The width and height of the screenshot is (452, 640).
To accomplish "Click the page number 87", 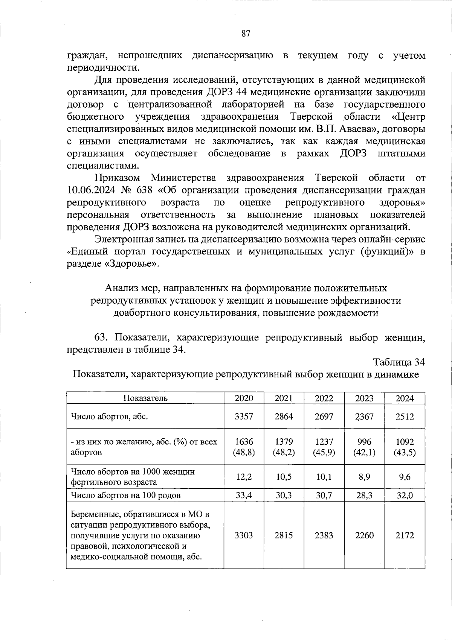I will pyautogui.click(x=246, y=33).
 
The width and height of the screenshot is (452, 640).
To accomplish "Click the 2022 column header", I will pyautogui.click(x=324, y=398).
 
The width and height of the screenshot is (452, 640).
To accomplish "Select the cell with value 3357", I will pyautogui.click(x=244, y=417).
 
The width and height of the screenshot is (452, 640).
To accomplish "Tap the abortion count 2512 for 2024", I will pyautogui.click(x=405, y=417).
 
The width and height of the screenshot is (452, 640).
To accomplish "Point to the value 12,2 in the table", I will pyautogui.click(x=244, y=477).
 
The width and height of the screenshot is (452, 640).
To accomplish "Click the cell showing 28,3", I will pyautogui.click(x=364, y=495).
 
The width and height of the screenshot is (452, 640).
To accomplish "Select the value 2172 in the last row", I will pyautogui.click(x=405, y=535).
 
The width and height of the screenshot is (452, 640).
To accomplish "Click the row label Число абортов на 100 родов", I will pyautogui.click(x=126, y=495).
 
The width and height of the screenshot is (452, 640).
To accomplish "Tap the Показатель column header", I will pyautogui.click(x=145, y=398).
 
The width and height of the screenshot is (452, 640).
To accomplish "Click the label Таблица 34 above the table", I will pyautogui.click(x=399, y=362).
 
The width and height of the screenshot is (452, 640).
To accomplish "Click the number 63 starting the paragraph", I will pyautogui.click(x=102, y=337).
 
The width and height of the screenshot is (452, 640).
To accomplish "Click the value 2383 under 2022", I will pyautogui.click(x=324, y=535).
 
